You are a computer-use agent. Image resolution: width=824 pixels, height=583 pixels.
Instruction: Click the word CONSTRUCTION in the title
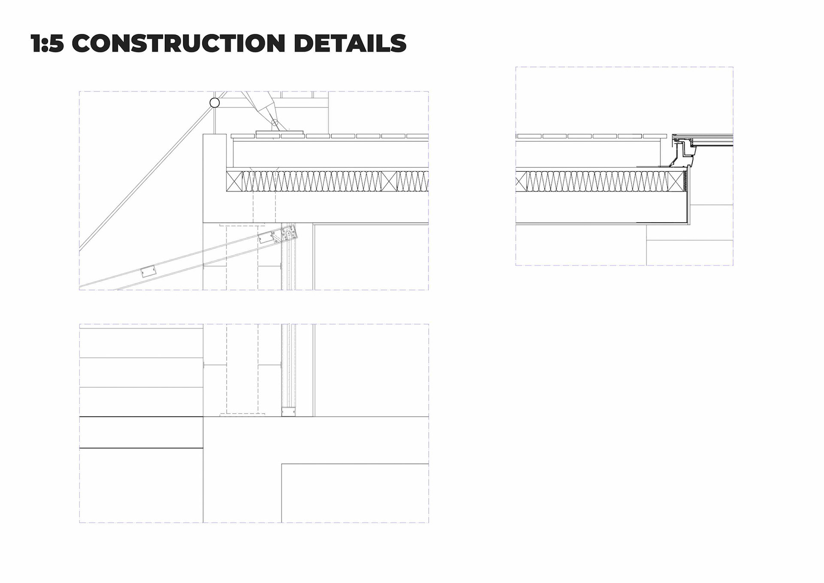tap(178, 43)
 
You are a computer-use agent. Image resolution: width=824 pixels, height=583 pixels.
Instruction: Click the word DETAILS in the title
tap(350, 43)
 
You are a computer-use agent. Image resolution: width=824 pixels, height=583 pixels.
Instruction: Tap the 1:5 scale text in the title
tap(47, 43)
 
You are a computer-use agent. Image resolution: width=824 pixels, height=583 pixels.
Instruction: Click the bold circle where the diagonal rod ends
tap(215, 103)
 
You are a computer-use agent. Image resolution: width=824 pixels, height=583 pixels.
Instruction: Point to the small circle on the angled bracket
tap(275, 122)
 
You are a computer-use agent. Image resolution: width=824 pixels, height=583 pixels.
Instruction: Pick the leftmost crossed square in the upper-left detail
tap(234, 181)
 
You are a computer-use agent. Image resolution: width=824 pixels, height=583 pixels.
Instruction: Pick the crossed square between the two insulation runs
tap(389, 181)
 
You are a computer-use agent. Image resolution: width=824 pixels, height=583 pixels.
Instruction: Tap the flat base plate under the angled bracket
tap(279, 132)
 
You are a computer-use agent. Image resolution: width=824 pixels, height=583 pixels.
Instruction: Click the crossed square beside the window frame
tap(678, 181)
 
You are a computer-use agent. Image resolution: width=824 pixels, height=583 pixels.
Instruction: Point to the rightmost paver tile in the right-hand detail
tap(655, 136)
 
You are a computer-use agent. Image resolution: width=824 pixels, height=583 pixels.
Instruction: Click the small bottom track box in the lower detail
tap(288, 411)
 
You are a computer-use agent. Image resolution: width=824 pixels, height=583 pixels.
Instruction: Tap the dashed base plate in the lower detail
tap(242, 415)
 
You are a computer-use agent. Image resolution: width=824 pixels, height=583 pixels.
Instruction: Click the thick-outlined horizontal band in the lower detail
tap(141, 432)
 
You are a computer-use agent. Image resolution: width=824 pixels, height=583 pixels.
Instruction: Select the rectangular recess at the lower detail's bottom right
tap(355, 493)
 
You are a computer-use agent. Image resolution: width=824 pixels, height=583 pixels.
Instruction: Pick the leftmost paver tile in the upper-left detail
tap(243, 136)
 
